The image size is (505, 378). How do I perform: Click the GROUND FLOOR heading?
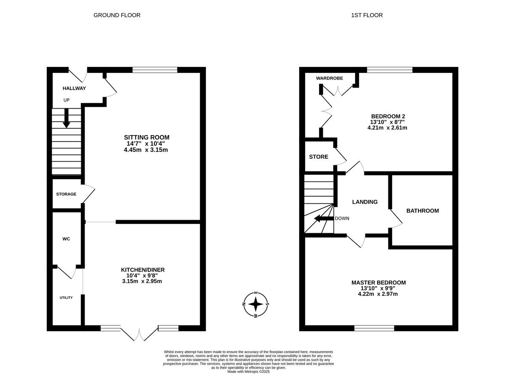[117, 15]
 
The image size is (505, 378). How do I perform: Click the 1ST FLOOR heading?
[367, 15]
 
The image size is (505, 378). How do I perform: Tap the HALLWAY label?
[74, 88]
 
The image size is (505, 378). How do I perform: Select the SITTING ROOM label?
[146, 137]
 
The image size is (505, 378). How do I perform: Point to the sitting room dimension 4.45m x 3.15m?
[146, 150]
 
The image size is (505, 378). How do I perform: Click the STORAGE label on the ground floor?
[66, 194]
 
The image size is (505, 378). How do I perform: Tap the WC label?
[66, 239]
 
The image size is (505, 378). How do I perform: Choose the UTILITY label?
[66, 298]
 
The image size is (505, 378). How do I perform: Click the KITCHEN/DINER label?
[143, 270]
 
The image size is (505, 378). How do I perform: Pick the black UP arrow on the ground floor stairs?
[66, 119]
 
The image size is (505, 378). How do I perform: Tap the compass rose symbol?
[255, 303]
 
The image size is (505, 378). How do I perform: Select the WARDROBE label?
[330, 78]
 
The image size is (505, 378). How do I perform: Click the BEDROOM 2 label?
[388, 116]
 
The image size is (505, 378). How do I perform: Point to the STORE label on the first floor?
[319, 157]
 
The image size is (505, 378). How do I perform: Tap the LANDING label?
[364, 202]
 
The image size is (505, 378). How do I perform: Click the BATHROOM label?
[422, 211]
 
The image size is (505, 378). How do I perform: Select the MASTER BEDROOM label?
[378, 282]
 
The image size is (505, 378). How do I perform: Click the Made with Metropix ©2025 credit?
[248, 372]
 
